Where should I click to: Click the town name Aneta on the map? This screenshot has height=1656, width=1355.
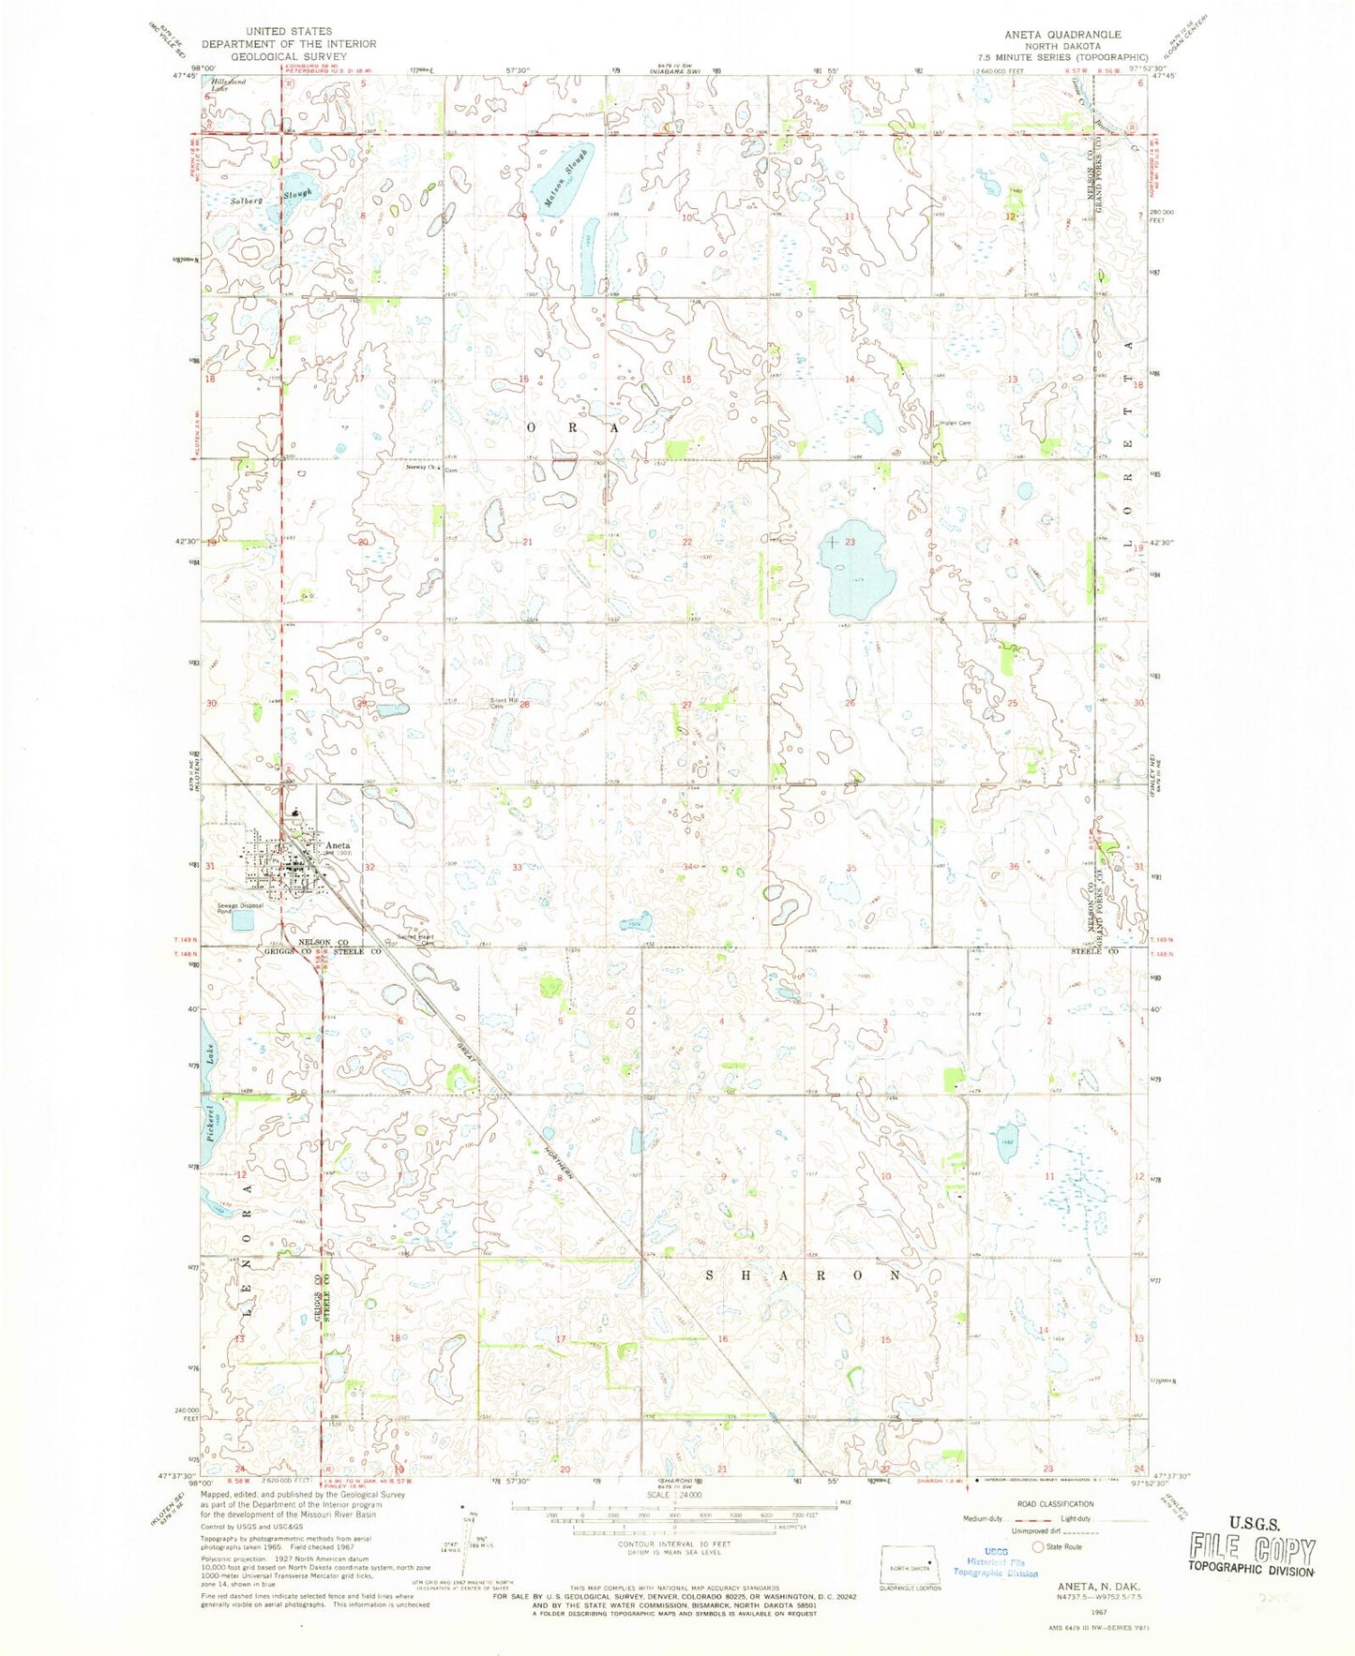click(x=338, y=845)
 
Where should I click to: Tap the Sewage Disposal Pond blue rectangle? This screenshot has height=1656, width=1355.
click(x=242, y=920)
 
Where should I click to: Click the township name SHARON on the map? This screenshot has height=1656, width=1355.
click(x=804, y=1276)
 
